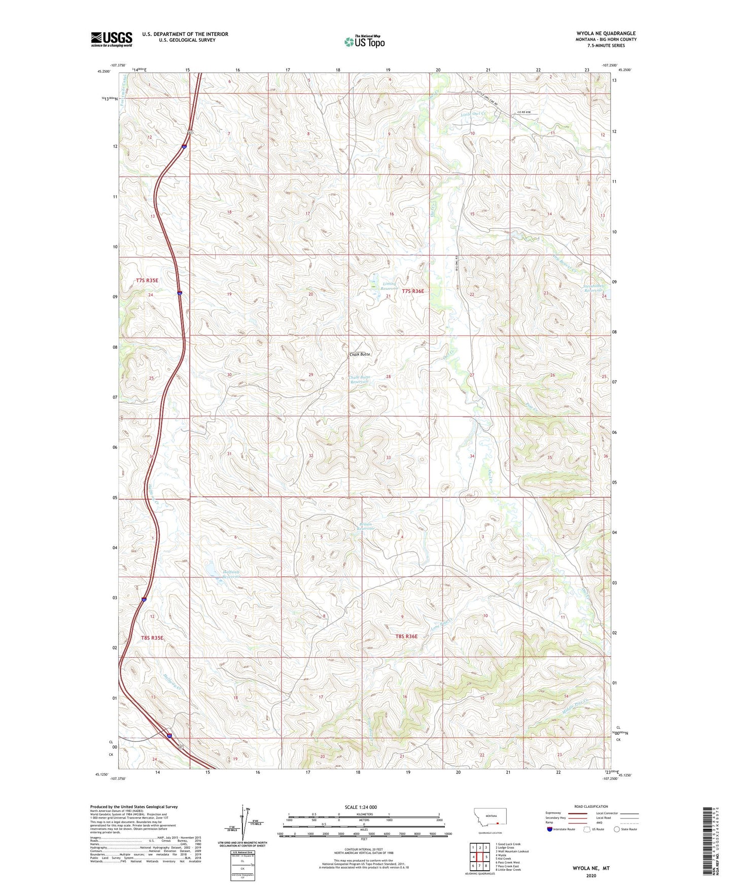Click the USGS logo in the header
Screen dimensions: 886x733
tap(112, 39)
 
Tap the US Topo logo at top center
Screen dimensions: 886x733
tap(364, 42)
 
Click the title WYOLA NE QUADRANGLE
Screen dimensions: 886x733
tap(606, 33)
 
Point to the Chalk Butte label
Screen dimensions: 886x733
tap(360, 354)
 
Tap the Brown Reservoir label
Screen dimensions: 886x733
tap(365, 526)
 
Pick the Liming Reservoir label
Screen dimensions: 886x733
tap(389, 286)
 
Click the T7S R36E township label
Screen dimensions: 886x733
tap(412, 291)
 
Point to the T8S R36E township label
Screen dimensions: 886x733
tap(406, 636)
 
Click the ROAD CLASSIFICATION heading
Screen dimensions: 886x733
tap(591, 806)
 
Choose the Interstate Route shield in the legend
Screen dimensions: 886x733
tap(550, 829)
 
